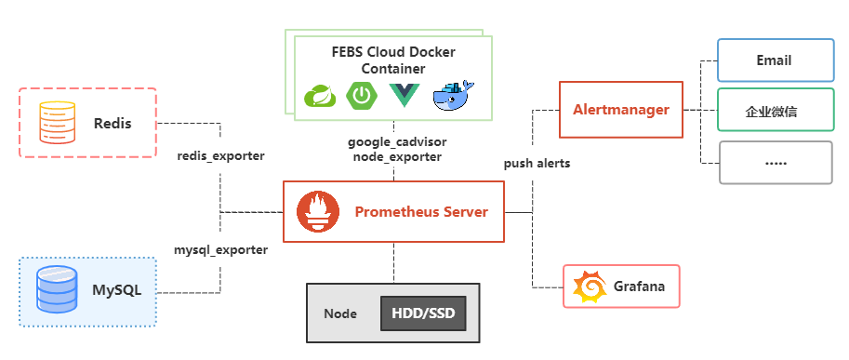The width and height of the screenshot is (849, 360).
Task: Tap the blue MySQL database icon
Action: (x=56, y=289)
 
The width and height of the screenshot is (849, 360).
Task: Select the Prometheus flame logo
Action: (x=317, y=212)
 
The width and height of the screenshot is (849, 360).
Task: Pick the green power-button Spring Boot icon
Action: (x=362, y=96)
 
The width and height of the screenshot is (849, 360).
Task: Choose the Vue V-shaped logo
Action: (x=405, y=96)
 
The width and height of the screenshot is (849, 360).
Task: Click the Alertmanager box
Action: (x=620, y=110)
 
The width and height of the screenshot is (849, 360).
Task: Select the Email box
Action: (x=775, y=60)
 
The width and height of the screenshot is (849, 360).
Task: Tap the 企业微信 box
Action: (x=775, y=112)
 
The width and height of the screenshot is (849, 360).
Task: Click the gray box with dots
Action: (x=775, y=162)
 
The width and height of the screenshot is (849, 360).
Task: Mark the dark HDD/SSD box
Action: (x=423, y=313)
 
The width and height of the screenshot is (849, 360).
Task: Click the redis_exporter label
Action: (x=220, y=155)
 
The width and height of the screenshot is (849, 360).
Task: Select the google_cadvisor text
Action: (x=397, y=142)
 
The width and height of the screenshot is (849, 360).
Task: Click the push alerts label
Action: (x=537, y=163)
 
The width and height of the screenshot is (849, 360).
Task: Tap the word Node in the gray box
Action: (x=340, y=313)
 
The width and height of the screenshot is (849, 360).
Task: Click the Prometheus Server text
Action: (x=420, y=212)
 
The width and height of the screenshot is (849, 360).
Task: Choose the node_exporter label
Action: (x=397, y=157)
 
